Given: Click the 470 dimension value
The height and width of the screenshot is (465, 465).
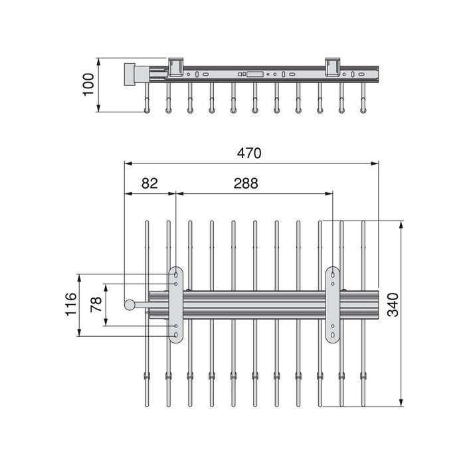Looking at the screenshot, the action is click(249, 153).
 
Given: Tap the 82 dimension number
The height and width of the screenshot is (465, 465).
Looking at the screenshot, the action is click(149, 183).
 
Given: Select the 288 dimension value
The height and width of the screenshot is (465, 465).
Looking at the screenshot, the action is click(246, 183).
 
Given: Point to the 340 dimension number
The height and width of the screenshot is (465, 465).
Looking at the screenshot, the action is click(393, 305).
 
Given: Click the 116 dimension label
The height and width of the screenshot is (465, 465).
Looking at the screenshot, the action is click(70, 304).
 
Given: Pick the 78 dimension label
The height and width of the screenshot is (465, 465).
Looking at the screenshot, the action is click(96, 304).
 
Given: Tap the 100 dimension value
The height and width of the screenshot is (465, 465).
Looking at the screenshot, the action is click(88, 84).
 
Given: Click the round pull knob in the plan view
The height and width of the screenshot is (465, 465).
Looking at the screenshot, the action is click(130, 305).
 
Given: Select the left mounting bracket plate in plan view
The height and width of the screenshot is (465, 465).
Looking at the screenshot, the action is click(176, 305).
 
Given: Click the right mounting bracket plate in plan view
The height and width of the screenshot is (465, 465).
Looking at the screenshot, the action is click(333, 305).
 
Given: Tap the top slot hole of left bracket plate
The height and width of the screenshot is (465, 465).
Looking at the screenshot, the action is click(176, 275).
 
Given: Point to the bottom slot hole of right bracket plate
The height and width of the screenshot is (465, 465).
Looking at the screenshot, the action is click(333, 335).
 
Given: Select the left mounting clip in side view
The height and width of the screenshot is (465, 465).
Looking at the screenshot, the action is click(175, 67).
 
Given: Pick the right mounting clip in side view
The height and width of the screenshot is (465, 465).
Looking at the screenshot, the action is click(333, 67).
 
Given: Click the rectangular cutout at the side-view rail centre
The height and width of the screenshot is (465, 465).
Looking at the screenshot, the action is click(254, 74).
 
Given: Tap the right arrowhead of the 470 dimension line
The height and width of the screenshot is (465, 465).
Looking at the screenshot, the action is click(375, 163).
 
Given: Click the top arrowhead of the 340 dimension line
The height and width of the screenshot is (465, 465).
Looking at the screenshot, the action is click(401, 225).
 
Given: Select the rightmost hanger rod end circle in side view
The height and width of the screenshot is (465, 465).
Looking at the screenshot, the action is click(363, 111).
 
